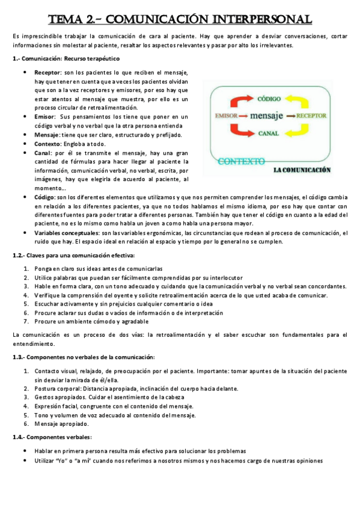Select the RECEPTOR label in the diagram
314,115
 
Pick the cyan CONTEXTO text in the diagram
241,161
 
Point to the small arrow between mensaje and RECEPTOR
290,115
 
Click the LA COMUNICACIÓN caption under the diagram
302,170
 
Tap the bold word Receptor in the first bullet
47,72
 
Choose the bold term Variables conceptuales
67,232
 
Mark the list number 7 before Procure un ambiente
26,321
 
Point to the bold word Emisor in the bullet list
45,117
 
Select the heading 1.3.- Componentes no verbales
84,357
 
